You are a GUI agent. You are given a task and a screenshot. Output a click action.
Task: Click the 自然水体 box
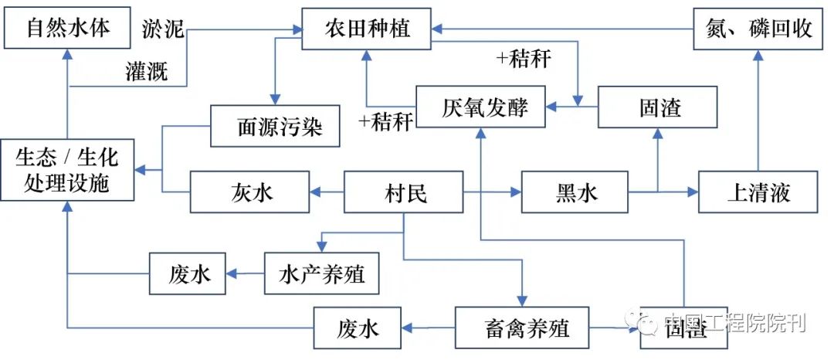[x=68, y=29]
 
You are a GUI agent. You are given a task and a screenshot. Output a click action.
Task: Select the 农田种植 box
[x=366, y=29]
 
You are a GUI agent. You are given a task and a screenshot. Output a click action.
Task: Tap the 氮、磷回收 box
[x=758, y=29]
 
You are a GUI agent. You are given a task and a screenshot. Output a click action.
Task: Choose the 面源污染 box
[x=276, y=125]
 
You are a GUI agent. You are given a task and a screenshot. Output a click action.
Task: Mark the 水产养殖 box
[x=321, y=273]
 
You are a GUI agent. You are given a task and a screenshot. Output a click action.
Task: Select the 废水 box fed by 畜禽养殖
[x=358, y=328]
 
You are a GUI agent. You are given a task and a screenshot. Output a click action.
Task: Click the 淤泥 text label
[x=164, y=28]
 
